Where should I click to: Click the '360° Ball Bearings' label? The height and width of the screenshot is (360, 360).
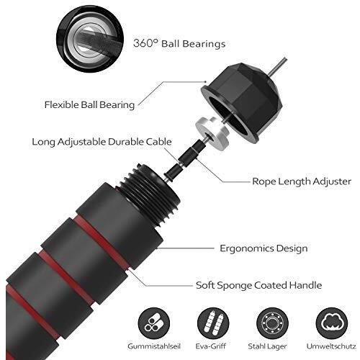179,43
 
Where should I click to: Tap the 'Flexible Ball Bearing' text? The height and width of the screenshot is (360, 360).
89,105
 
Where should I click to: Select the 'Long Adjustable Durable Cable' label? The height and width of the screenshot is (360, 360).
102,142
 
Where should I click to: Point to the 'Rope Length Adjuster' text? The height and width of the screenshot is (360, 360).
302,181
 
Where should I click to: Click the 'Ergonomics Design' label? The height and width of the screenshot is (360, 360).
264,248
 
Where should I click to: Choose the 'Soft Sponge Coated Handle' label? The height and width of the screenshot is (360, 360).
258,285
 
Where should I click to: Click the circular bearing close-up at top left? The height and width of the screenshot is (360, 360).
90,38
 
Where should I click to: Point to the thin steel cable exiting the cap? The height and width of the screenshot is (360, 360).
278,66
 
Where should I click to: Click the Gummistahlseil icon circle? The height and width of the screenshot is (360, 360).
154,323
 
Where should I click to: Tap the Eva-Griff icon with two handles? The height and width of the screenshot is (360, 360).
213,323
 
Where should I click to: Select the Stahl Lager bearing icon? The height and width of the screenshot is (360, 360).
272,323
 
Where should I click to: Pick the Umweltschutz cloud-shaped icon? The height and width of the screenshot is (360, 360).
331,323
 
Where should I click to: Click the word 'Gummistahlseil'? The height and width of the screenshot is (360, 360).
154,346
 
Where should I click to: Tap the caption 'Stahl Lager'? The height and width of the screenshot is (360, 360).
267,346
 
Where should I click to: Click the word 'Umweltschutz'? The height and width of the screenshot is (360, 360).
331,346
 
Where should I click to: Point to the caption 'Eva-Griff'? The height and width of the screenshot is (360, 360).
210,346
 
